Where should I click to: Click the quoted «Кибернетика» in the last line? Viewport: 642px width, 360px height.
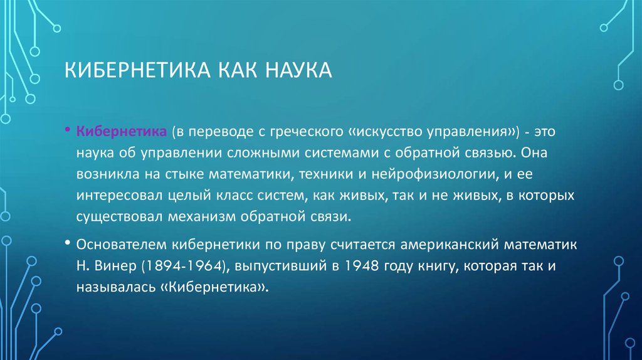219,287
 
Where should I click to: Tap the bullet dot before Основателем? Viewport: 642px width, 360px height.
67,243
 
